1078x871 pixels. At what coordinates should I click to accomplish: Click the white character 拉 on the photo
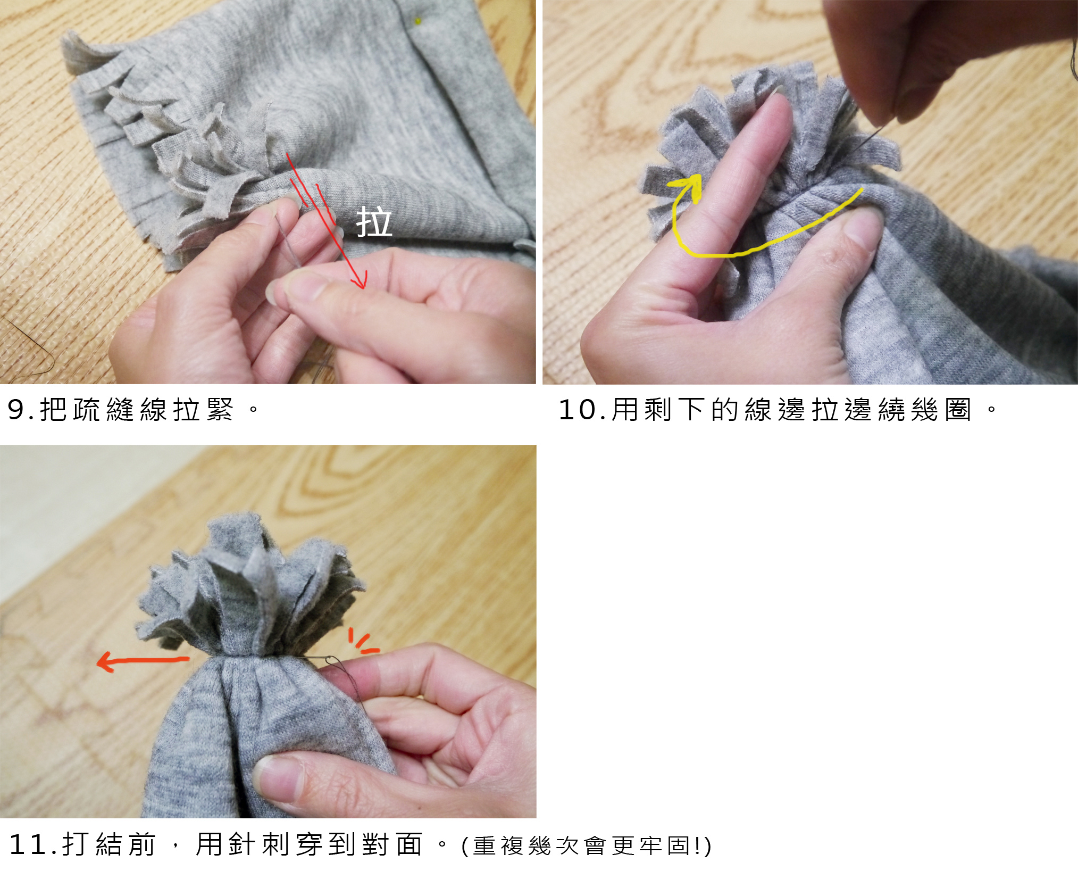[x=374, y=222]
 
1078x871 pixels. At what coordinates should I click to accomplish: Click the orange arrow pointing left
[x=143, y=661]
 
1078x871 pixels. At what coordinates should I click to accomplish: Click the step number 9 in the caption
[x=15, y=410]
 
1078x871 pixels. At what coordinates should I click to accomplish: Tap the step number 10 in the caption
[x=576, y=410]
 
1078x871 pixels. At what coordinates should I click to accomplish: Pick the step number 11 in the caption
[x=29, y=844]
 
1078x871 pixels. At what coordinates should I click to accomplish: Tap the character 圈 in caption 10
[x=958, y=410]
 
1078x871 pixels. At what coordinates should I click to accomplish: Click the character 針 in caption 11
[x=242, y=844]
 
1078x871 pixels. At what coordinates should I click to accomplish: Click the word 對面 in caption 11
[x=392, y=844]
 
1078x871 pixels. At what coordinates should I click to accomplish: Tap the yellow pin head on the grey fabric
[x=418, y=21]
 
